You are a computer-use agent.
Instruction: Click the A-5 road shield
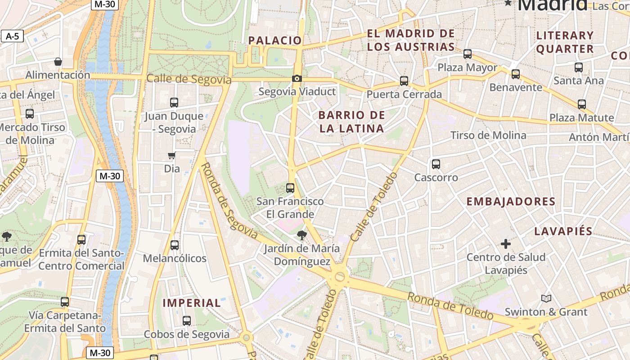12,36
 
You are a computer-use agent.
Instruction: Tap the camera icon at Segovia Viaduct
297,79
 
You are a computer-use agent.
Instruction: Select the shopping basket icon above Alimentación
58,62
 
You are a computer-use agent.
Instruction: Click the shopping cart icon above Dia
171,156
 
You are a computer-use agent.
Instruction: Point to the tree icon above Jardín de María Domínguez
301,234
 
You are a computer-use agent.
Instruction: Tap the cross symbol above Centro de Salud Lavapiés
506,244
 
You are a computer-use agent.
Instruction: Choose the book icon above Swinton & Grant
546,298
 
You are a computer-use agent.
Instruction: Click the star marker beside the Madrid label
508,3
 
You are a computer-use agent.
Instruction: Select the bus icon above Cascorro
436,164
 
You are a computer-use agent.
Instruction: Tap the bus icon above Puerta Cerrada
404,81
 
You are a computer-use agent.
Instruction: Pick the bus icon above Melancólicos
175,245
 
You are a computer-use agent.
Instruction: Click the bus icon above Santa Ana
578,67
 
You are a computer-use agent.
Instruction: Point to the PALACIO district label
275,40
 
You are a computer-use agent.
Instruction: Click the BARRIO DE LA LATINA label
352,121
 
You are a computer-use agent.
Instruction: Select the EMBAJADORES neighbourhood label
511,202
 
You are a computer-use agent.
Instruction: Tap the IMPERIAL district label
192,303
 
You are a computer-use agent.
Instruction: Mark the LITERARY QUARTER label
565,42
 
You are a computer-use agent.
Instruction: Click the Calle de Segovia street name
189,79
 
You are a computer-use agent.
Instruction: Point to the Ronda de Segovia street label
228,201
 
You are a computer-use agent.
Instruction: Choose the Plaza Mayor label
468,68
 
